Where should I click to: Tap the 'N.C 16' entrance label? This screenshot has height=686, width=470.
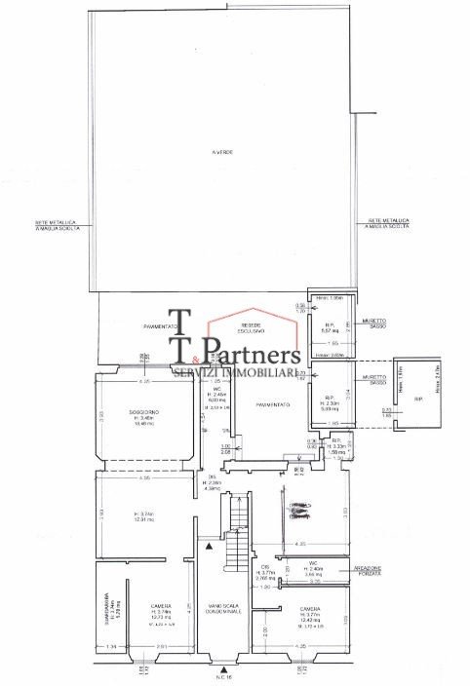tap(224, 680)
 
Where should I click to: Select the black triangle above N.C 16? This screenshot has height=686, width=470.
tap(224, 669)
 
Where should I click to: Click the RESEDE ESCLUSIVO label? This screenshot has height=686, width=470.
tap(252, 329)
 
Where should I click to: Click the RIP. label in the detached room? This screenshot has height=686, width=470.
tap(418, 399)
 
